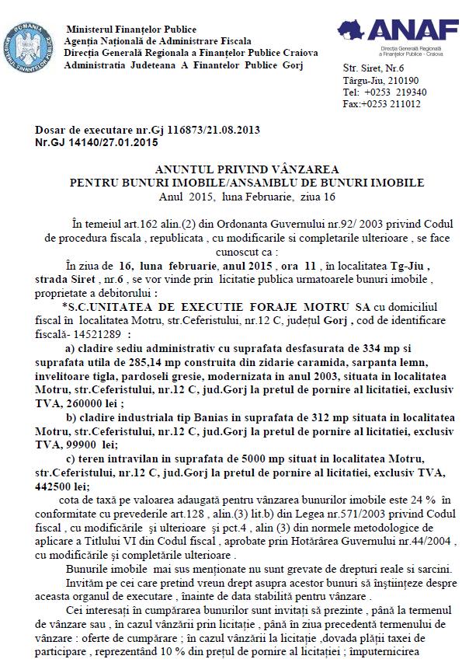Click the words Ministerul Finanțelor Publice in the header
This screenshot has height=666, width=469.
click(x=131, y=30)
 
